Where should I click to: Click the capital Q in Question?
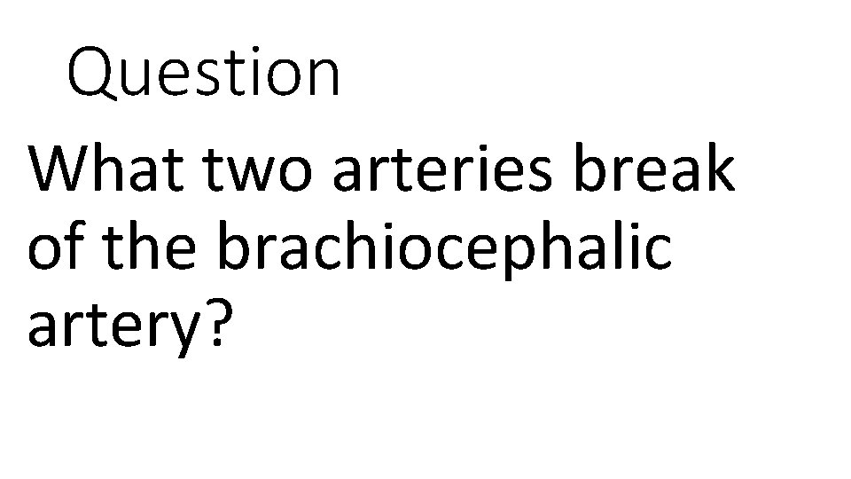point(93,75)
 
